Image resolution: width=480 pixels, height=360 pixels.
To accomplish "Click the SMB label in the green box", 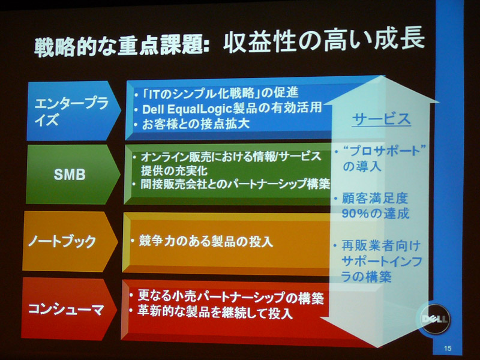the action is coord(70,175).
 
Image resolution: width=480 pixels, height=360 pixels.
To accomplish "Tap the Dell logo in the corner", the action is coord(434,319).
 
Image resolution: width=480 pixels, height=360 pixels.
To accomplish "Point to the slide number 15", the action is coord(447,348).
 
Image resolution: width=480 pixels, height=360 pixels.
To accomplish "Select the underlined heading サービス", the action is coord(381,119).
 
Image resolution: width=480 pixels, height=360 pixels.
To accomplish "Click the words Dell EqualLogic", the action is coord(187,109).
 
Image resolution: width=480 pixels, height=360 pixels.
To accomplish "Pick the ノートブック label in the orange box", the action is coord(62,242).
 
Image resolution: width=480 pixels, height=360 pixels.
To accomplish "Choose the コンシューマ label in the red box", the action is coord(66,309).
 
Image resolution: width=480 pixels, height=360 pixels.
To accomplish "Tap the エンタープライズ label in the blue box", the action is coord(71,112).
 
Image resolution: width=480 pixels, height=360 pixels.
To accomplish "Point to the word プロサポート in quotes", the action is coord(385,151).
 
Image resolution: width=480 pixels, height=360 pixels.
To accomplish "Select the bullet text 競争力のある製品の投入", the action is coord(206,241).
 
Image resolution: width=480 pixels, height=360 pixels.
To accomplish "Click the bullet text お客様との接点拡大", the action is coord(196,124).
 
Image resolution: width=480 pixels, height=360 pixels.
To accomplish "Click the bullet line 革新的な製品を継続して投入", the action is coord(215,312).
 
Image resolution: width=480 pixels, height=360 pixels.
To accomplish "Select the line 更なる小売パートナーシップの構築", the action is coord(230,296).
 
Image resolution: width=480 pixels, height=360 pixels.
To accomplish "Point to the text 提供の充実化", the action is coord(174,171).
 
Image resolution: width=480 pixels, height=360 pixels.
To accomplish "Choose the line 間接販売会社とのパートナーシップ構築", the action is coord(235,184).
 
